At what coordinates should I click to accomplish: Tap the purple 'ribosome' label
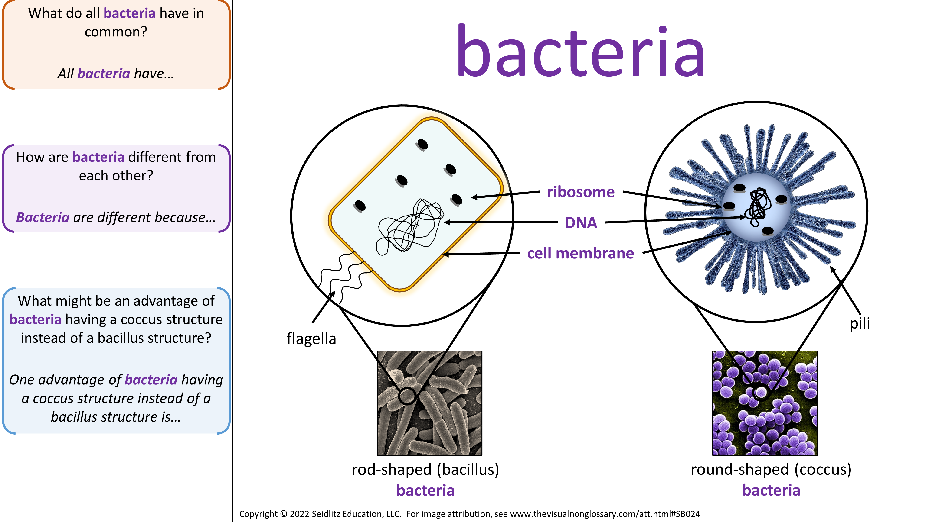[x=581, y=192]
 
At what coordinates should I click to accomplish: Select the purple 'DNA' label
[x=581, y=223]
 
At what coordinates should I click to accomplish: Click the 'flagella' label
[x=311, y=339]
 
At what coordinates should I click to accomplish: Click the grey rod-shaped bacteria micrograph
[x=429, y=403]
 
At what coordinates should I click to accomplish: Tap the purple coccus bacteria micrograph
[x=765, y=403]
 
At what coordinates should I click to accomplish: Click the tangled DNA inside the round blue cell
[x=759, y=207]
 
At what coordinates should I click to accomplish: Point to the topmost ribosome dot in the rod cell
[x=422, y=145]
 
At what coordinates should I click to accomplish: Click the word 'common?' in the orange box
[x=116, y=32]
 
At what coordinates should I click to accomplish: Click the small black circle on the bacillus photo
[x=407, y=396]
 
